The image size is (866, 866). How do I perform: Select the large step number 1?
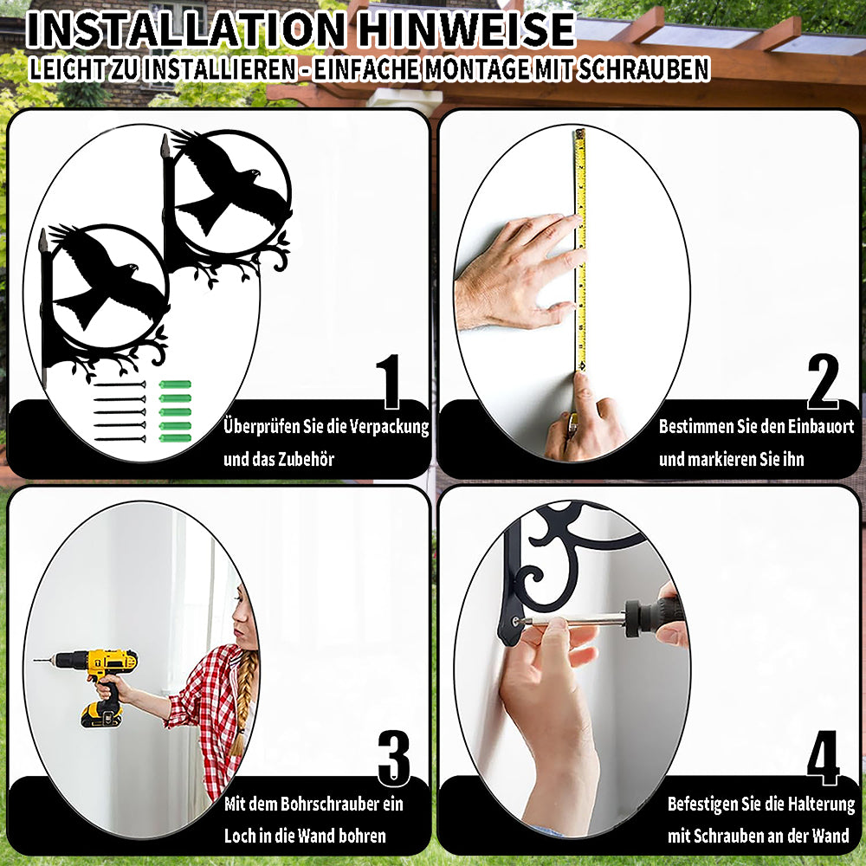click(x=390, y=381)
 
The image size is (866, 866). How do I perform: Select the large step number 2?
click(x=823, y=381)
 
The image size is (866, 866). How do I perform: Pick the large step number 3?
click(x=394, y=758)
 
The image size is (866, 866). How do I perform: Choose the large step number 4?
click(x=824, y=758)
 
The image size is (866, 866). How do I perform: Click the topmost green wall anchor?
click(x=175, y=384)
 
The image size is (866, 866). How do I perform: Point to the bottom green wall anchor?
click(x=175, y=438)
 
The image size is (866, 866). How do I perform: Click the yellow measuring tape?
click(x=580, y=249)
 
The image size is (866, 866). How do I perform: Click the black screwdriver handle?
click(x=656, y=617)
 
